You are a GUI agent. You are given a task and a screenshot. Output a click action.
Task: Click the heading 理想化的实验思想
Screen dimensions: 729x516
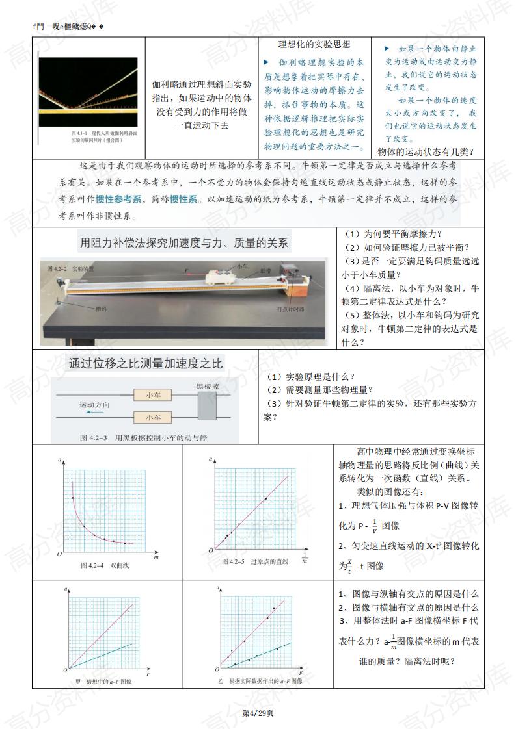point(314,45)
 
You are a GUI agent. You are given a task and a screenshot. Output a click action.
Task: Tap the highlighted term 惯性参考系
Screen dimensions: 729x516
point(119,199)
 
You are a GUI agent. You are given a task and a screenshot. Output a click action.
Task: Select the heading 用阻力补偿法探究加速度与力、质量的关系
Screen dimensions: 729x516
point(183,244)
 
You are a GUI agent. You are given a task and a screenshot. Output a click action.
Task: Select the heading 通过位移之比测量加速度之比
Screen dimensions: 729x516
point(146,364)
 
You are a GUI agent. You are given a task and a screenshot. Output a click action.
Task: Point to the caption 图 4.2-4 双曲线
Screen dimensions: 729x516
point(105,565)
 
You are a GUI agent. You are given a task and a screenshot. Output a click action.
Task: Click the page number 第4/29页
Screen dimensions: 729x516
point(258,713)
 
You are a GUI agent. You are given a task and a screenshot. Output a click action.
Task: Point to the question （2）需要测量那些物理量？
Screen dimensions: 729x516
point(319,390)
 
